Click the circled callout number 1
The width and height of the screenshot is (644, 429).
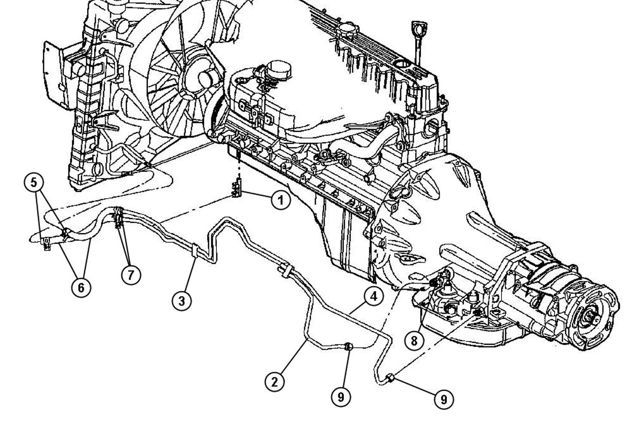tap(280, 200)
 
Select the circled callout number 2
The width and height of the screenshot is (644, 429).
tap(275, 381)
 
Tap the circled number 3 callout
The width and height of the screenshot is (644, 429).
tap(182, 301)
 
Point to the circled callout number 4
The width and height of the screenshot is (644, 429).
tap(374, 296)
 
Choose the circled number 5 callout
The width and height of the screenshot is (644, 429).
tap(33, 182)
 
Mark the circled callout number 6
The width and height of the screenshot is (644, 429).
tap(81, 287)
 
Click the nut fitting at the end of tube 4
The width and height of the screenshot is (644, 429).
tap(390, 378)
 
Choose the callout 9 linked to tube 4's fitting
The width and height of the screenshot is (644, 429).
tap(444, 399)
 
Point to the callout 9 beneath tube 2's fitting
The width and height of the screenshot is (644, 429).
tap(340, 397)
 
